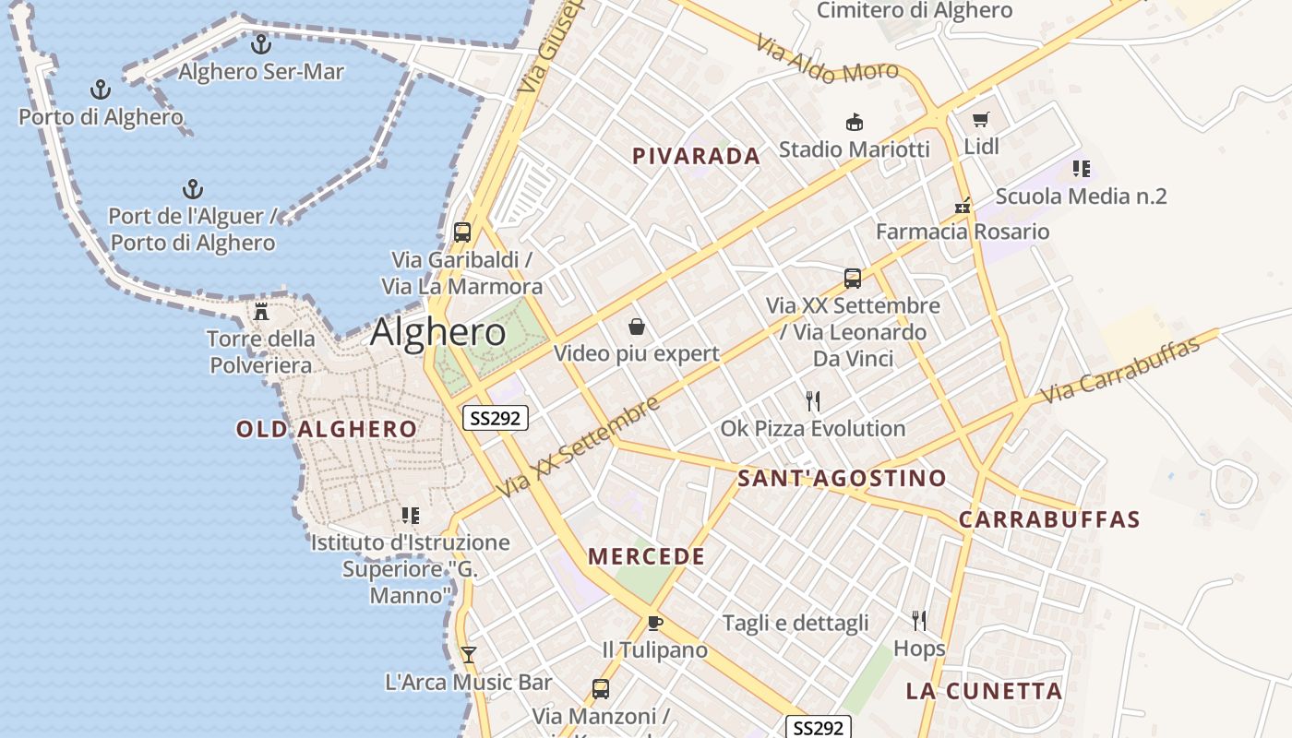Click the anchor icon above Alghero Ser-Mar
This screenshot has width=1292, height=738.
click(261, 43)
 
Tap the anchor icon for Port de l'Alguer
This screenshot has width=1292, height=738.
click(192, 190)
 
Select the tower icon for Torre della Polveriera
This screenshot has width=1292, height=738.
click(261, 312)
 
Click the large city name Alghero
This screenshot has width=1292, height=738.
click(438, 332)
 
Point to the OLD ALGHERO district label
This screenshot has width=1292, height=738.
click(327, 429)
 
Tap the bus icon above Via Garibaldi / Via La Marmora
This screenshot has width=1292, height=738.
click(462, 232)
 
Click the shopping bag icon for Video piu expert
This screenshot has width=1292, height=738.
click(636, 327)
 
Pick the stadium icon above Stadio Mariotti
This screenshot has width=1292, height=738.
click(855, 122)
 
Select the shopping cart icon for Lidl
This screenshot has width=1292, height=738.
click(980, 120)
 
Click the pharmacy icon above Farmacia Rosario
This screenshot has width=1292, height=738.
click(963, 206)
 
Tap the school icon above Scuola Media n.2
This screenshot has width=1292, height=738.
click(1081, 169)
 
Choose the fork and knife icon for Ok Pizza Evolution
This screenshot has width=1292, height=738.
click(813, 401)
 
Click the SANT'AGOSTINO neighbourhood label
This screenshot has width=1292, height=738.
click(842, 478)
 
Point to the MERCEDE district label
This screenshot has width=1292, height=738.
click(646, 556)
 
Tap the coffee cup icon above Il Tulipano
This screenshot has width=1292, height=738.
click(655, 623)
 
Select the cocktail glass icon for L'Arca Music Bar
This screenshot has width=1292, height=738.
click(468, 655)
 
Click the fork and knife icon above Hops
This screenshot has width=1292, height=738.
click(919, 621)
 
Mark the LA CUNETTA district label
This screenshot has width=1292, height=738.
click(984, 691)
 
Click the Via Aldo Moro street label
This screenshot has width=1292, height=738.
click(826, 59)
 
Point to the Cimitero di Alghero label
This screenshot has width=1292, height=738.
click(915, 11)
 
